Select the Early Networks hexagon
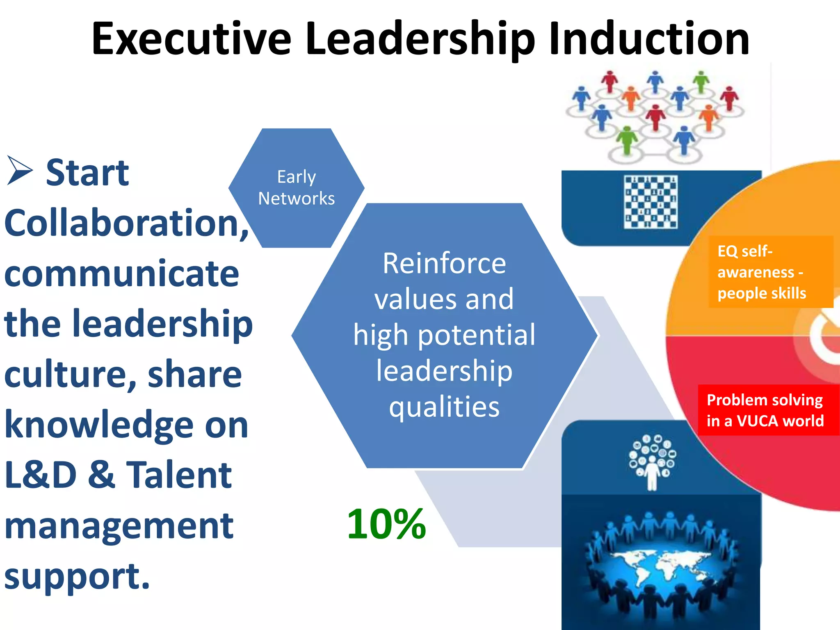coord(296,188)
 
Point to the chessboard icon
coord(651,202)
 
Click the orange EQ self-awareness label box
coord(771,272)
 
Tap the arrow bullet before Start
coord(19,171)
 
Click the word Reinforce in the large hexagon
coord(444,263)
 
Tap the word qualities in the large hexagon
coord(444,407)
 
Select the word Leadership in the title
coord(420,39)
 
